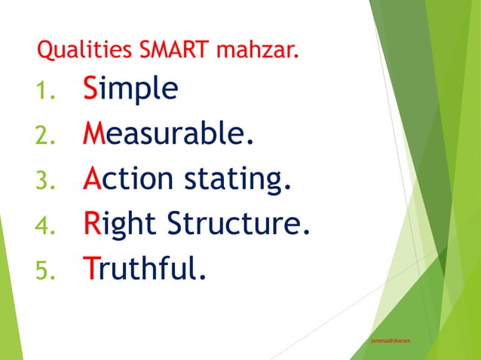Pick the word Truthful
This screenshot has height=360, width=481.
pyautogui.click(x=144, y=268)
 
